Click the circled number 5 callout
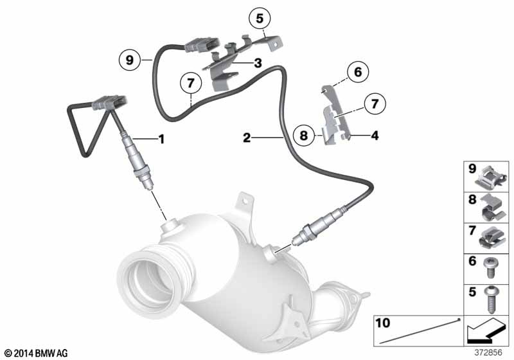(x=260, y=19)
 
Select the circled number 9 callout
(x=130, y=60)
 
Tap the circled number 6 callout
(x=358, y=72)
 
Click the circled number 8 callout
(x=304, y=135)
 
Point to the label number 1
(x=161, y=139)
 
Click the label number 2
(x=247, y=138)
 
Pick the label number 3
(x=258, y=62)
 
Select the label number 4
(x=375, y=135)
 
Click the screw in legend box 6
(x=490, y=267)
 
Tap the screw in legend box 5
(x=490, y=300)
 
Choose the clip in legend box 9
(x=491, y=177)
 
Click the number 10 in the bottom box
(x=383, y=323)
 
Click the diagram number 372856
(x=488, y=352)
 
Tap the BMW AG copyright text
(x=37, y=353)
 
